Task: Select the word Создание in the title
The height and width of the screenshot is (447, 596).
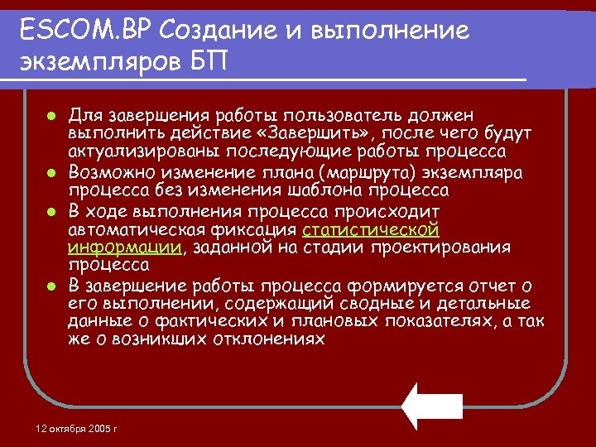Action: [207, 31]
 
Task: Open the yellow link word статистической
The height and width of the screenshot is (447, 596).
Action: [371, 229]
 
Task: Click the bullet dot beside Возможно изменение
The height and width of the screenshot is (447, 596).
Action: [51, 172]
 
